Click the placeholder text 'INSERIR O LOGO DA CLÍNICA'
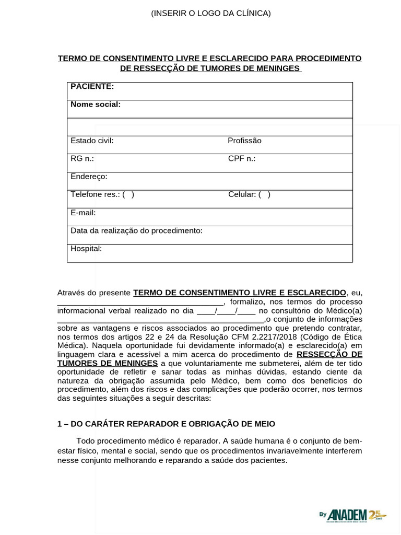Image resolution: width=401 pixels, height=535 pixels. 211,13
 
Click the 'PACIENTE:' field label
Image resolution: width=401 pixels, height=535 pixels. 92,86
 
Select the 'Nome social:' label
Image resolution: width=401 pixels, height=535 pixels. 96,104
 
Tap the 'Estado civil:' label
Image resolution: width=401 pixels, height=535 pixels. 92,141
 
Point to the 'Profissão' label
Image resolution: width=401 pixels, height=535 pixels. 244,141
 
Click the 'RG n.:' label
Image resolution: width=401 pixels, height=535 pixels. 82,158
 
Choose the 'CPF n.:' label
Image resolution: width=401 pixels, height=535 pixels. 242,158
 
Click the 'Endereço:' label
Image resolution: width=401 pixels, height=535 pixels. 89,177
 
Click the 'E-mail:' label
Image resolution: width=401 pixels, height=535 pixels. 83,213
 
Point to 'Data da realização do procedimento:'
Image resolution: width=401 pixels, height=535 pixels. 136,230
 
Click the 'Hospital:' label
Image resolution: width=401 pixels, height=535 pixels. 86,249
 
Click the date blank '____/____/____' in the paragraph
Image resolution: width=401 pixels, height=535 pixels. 226,310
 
